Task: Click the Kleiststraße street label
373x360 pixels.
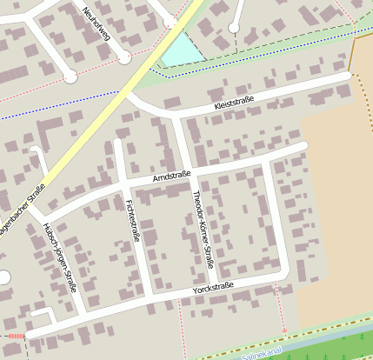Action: (234, 103)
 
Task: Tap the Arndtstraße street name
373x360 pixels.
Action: (171, 177)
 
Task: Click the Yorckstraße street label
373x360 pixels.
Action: (213, 286)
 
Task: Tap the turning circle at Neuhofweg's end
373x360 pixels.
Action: (124, 57)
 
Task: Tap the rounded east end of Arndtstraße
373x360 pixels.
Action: (303, 145)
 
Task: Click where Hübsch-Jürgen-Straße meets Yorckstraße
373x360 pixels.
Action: (81, 317)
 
